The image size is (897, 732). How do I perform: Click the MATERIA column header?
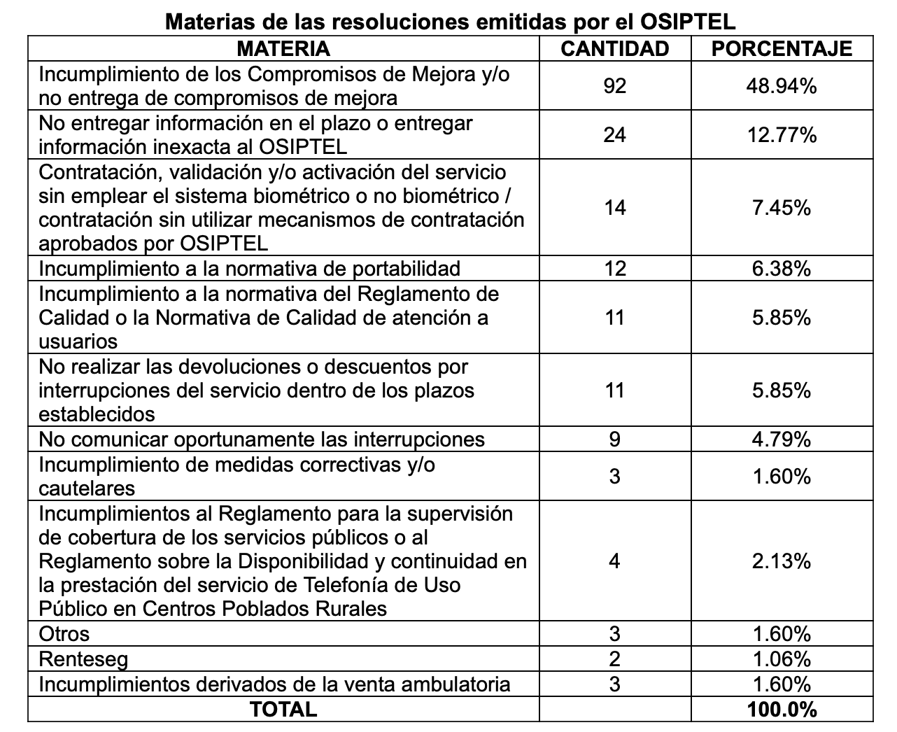(x=283, y=48)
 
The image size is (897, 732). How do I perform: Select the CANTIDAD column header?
(x=615, y=48)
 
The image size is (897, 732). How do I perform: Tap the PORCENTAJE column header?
(x=782, y=48)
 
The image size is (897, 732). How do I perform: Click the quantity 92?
(x=614, y=85)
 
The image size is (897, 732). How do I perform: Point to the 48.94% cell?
(x=782, y=85)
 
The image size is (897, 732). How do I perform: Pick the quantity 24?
(x=614, y=134)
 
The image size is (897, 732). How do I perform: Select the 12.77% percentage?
(x=782, y=134)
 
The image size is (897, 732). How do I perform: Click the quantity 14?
(x=614, y=207)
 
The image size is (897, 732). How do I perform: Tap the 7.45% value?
(x=782, y=207)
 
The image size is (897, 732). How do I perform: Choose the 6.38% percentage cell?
(x=782, y=269)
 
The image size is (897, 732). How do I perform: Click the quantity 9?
(x=614, y=439)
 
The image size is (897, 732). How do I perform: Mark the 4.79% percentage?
(x=782, y=439)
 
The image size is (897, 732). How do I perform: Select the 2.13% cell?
(x=782, y=561)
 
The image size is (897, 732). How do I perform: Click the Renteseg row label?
(x=83, y=659)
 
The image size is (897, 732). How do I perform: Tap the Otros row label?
(x=64, y=634)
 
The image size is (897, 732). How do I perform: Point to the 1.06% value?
(x=782, y=659)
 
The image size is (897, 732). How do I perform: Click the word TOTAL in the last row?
(x=283, y=709)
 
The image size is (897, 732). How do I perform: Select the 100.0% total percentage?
(x=782, y=709)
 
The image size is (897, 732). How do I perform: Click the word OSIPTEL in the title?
(x=688, y=21)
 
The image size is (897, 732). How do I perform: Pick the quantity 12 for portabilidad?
(x=614, y=269)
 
